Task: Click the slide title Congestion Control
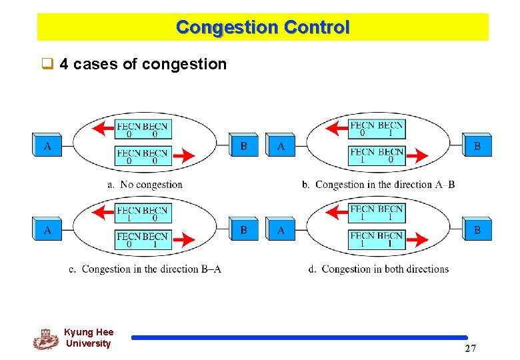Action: pyautogui.click(x=263, y=27)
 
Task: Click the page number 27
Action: pyautogui.click(x=471, y=348)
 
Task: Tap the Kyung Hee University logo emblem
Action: pyautogui.click(x=45, y=339)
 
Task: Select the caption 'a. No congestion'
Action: pyautogui.click(x=145, y=185)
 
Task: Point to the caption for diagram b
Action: pyautogui.click(x=378, y=185)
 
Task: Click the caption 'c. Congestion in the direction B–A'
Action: pyautogui.click(x=145, y=269)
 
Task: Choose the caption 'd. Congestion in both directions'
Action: pyautogui.click(x=379, y=269)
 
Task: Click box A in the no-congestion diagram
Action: pyautogui.click(x=47, y=145)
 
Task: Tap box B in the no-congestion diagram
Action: pyautogui.click(x=244, y=145)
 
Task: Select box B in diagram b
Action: pyautogui.click(x=477, y=145)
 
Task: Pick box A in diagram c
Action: pyautogui.click(x=47, y=230)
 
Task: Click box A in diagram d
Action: pyautogui.click(x=281, y=230)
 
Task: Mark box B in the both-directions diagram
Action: pyautogui.click(x=477, y=230)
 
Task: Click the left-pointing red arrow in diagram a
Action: pyautogui.click(x=103, y=129)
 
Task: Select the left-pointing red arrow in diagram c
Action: pyautogui.click(x=103, y=213)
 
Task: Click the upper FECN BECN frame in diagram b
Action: pyautogui.click(x=377, y=129)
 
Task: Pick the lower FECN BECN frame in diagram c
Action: pyautogui.click(x=143, y=240)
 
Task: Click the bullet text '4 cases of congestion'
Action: pyautogui.click(x=143, y=65)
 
